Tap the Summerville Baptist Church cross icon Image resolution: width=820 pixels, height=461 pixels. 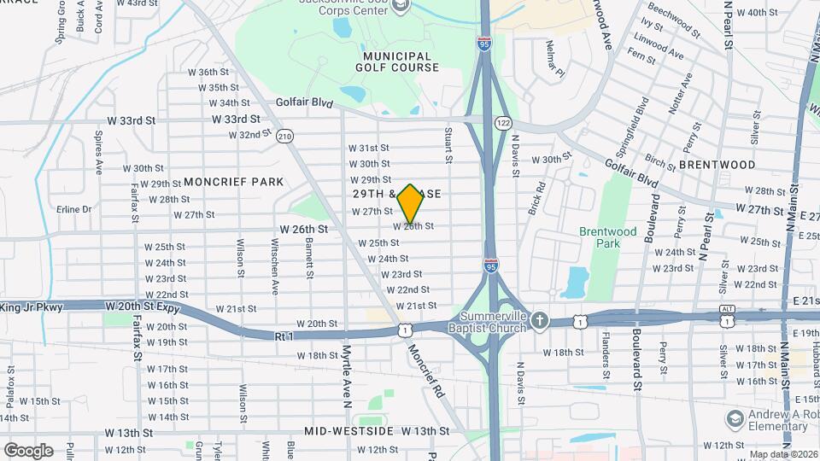coord(539,321)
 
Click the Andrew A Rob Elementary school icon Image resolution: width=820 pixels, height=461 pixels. coord(735,418)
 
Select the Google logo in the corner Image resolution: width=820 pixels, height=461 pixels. coord(28,450)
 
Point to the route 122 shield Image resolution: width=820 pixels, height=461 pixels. coord(503,123)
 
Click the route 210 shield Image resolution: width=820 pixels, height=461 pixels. coord(284,136)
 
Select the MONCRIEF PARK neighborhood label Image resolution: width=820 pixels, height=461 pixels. coord(233,182)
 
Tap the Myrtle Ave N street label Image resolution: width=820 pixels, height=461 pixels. coord(347,371)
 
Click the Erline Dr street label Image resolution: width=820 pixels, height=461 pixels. coord(73,209)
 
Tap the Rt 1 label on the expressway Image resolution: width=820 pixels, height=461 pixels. coord(284,337)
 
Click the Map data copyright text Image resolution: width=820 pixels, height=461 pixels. coord(783,454)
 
